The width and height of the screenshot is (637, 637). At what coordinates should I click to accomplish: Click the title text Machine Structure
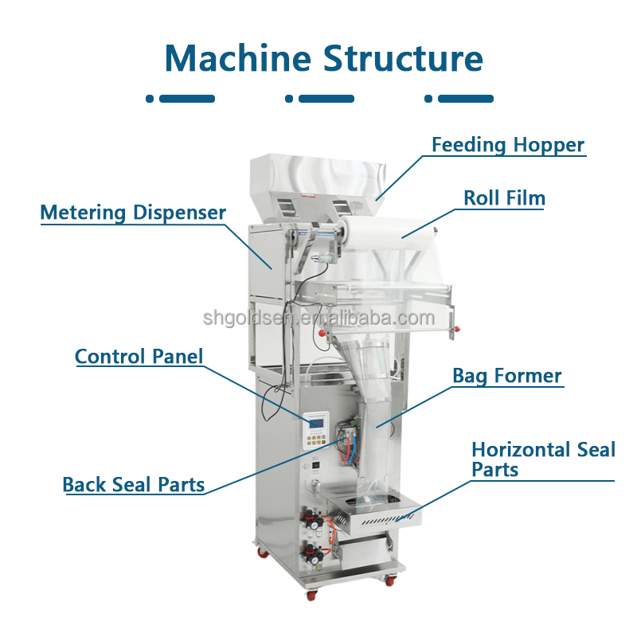click(323, 58)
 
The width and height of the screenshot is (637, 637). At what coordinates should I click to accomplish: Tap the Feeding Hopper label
click(508, 145)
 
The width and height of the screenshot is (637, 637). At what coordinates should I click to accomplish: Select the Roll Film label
click(504, 197)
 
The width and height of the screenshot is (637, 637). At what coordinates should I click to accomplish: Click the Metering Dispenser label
click(133, 213)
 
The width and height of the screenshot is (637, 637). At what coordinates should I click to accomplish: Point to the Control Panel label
click(139, 356)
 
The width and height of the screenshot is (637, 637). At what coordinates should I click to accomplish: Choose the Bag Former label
click(507, 376)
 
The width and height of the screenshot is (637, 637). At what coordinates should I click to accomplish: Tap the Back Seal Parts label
click(133, 484)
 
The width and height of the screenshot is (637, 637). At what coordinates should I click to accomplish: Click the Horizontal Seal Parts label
click(543, 459)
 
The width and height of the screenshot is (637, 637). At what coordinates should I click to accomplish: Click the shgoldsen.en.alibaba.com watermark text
click(318, 319)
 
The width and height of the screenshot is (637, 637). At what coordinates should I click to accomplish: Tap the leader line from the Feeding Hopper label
click(398, 176)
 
